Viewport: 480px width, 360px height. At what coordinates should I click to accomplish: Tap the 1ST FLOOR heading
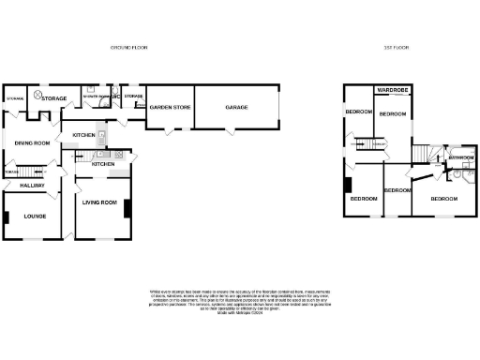(x=397, y=46)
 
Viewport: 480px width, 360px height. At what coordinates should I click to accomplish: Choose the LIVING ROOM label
(x=99, y=202)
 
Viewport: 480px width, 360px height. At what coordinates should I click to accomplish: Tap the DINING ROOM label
(x=31, y=142)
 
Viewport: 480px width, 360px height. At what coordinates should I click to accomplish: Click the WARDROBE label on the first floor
(x=393, y=90)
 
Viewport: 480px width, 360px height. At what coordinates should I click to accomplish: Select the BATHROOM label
(x=460, y=157)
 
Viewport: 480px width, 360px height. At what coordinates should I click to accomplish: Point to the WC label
(x=115, y=97)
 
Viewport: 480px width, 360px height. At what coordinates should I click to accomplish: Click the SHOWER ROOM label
(x=94, y=97)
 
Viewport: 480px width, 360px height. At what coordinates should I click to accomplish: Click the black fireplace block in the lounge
(x=7, y=217)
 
